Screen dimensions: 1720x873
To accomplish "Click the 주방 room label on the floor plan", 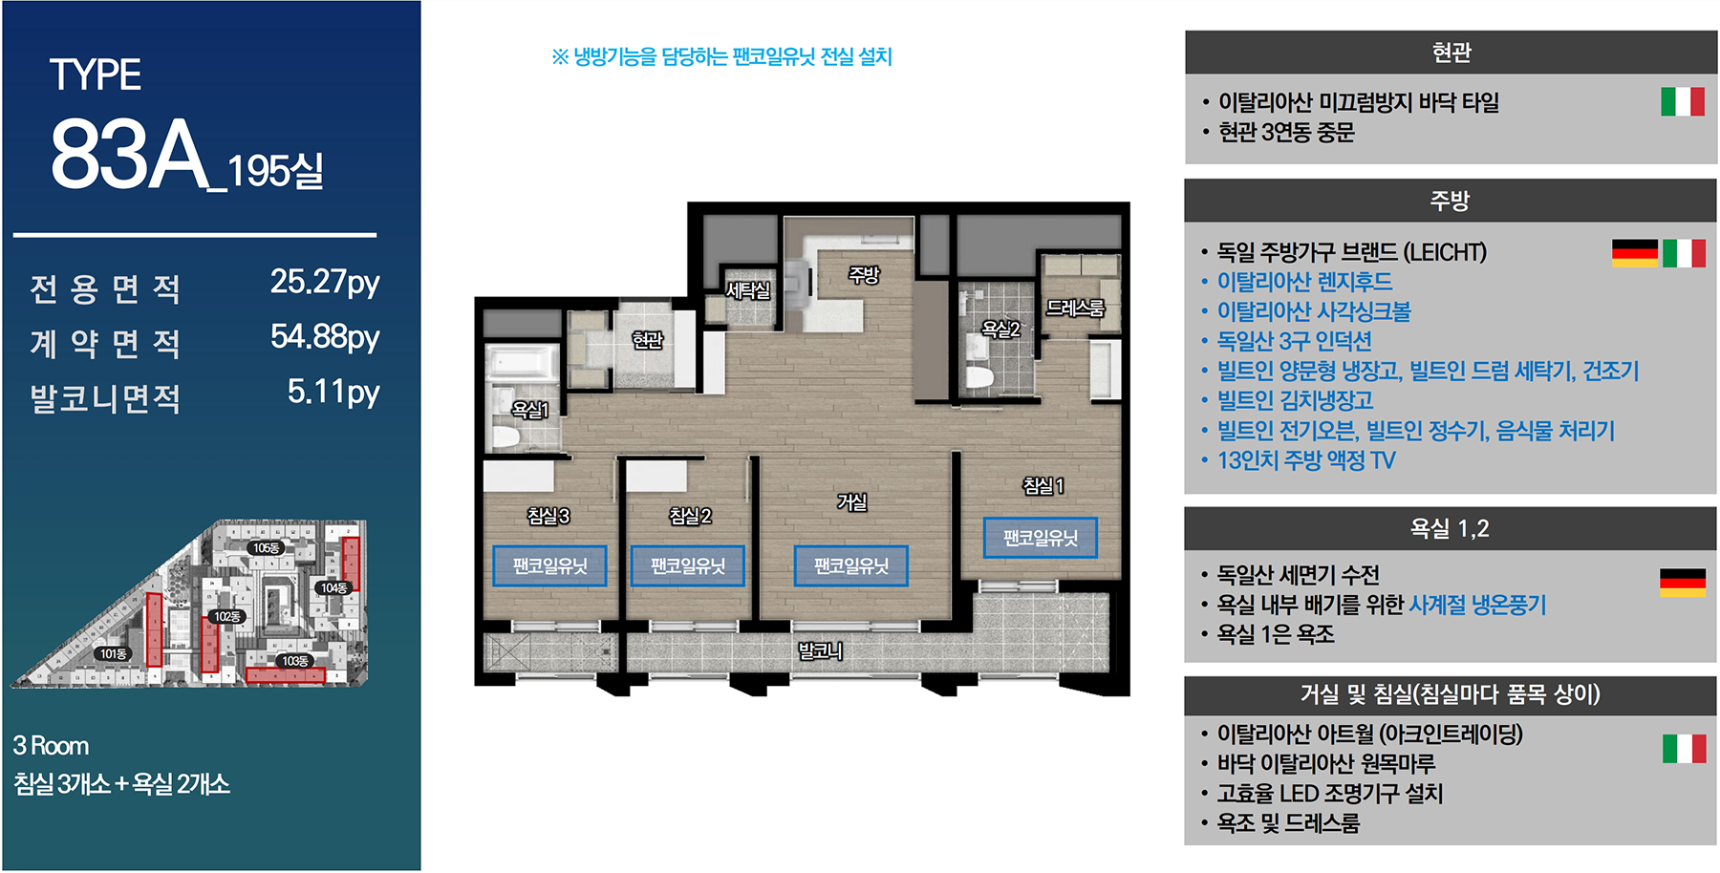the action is (864, 275).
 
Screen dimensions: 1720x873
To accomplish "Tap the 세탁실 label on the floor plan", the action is (747, 290).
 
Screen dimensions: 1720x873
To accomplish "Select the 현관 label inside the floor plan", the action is (647, 340).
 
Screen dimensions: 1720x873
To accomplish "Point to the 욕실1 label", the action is (530, 410).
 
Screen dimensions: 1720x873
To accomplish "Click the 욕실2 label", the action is (1001, 330).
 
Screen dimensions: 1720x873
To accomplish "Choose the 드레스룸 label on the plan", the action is (1075, 308).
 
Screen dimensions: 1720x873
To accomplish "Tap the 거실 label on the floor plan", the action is (851, 501).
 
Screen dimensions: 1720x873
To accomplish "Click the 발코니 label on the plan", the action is (821, 651).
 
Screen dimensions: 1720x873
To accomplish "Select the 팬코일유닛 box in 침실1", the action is (1041, 538).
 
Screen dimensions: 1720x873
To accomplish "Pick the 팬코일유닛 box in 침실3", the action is (549, 566).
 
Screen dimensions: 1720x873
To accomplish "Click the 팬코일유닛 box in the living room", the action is (851, 566).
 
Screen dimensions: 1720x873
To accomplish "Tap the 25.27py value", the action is (325, 283).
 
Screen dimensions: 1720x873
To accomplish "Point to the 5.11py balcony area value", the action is (333, 393).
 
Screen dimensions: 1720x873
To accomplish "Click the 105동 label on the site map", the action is (266, 548).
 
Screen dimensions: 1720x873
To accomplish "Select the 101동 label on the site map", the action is (113, 654).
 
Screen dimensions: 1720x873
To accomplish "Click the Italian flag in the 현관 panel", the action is (1683, 101).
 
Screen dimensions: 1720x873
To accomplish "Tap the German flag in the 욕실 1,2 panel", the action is (1683, 583).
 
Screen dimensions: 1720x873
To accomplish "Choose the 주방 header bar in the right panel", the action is (1451, 201).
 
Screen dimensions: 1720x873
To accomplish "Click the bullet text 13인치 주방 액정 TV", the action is (1306, 460).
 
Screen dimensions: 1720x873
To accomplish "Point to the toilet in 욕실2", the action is (979, 375).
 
